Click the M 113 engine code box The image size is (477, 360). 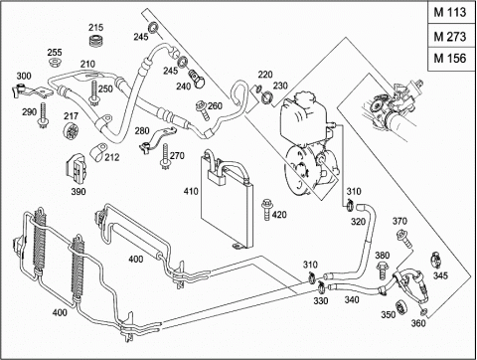click(451, 13)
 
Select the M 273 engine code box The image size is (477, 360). click(451, 36)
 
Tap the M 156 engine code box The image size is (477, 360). click(451, 59)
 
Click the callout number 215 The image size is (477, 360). click(95, 27)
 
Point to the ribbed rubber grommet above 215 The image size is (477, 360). click(97, 41)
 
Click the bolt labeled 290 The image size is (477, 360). click(43, 116)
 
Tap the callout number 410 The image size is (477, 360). click(191, 191)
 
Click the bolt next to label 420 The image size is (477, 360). click(266, 209)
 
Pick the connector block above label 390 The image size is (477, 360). click(77, 168)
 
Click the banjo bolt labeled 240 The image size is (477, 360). click(198, 79)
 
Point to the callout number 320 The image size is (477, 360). click(358, 221)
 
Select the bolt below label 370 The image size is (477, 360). click(405, 241)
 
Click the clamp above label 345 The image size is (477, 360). click(436, 260)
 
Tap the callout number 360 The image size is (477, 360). click(418, 322)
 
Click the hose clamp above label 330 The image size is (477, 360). click(321, 286)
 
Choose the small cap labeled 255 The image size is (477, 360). click(55, 63)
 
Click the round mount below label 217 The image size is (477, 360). click(71, 130)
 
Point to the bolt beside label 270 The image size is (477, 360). click(165, 157)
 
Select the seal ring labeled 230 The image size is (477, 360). click(267, 98)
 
